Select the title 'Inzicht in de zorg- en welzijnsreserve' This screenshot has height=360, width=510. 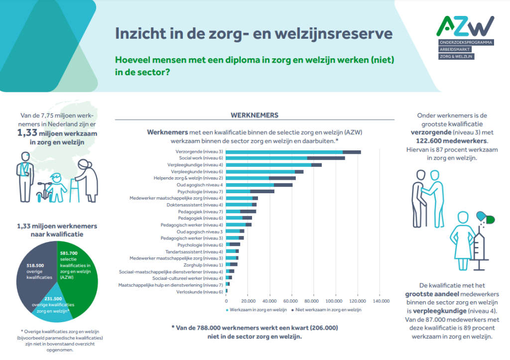(x=254, y=34)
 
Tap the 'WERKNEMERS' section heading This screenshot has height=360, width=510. (x=255, y=115)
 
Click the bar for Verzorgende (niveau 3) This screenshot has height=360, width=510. (x=293, y=152)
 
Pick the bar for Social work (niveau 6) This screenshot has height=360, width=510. (x=289, y=158)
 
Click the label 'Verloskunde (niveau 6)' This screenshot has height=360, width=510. (x=200, y=291)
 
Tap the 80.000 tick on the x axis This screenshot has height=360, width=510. (x=312, y=301)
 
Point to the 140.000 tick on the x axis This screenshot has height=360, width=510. (x=380, y=301)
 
